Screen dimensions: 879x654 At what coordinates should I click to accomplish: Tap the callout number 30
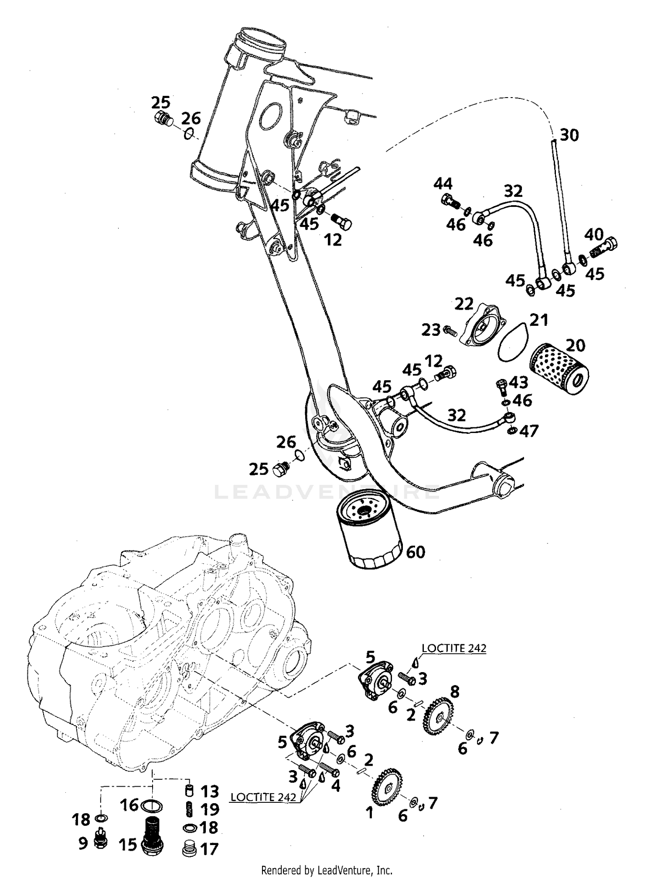(569, 135)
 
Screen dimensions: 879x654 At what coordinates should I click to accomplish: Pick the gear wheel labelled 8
(437, 717)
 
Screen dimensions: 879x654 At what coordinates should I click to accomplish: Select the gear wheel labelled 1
(387, 788)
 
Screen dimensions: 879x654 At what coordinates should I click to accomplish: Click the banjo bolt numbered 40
(606, 247)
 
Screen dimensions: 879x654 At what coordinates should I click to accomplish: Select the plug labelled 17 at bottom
(189, 849)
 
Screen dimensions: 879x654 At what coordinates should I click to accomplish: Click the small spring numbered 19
(189, 809)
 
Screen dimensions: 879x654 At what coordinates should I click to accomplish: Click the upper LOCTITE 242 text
(453, 648)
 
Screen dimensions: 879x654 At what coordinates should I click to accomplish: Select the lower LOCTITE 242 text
(263, 797)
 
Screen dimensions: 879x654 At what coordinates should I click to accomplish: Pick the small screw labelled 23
(449, 331)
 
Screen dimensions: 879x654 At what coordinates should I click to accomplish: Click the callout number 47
(529, 431)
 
